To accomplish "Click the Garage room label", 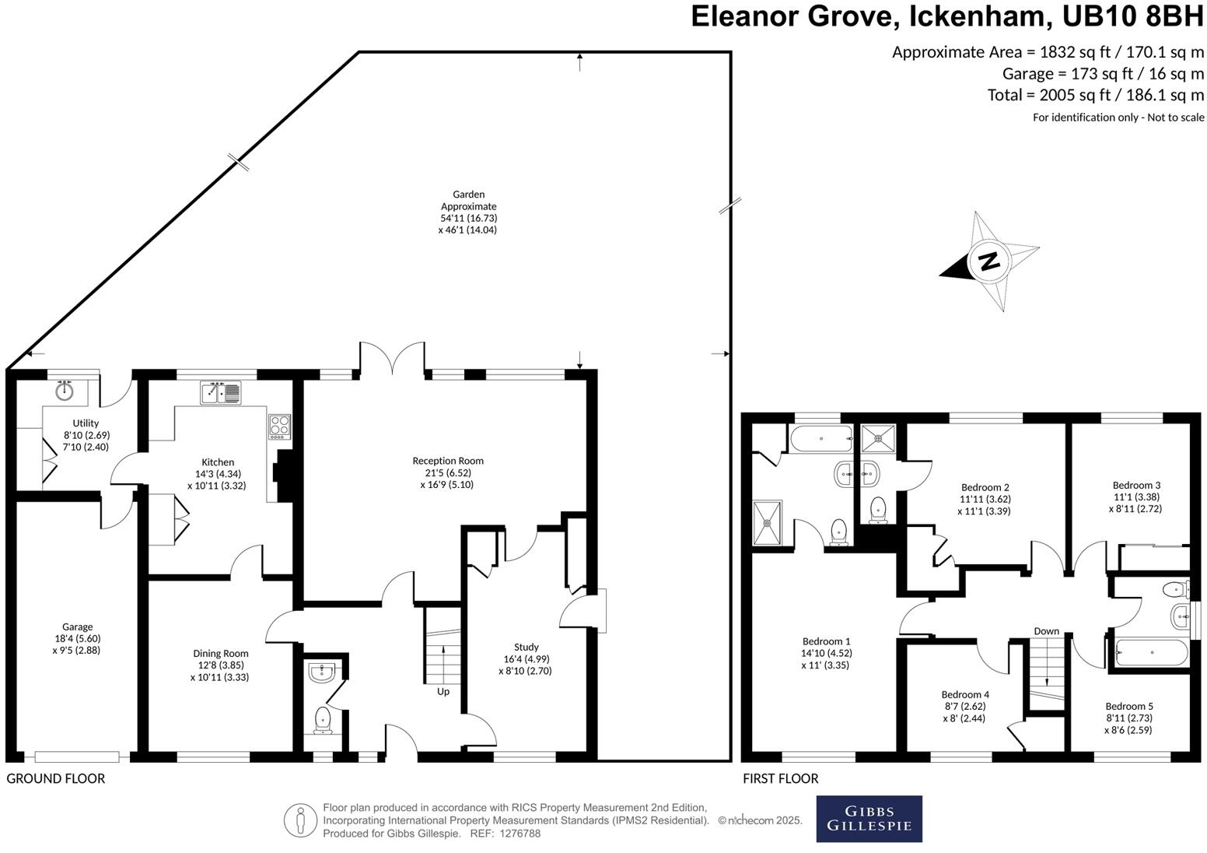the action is [x=77, y=638].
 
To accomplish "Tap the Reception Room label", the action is [x=448, y=472].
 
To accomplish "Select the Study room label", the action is [x=526, y=658].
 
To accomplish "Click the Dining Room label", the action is [x=220, y=665].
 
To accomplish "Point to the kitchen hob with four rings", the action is [x=279, y=426].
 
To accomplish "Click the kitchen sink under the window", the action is [x=222, y=393].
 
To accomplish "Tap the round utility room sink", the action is [x=65, y=391].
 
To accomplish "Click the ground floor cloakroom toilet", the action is [x=323, y=721].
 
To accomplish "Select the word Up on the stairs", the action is [x=443, y=691].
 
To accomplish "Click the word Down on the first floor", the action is [x=1046, y=630].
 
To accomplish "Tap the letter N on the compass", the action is [x=989, y=261].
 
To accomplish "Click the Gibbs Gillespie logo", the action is [x=869, y=818].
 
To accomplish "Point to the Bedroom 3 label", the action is [x=1135, y=497].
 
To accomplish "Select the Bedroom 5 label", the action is [x=1128, y=718].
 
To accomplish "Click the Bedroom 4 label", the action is [x=964, y=706].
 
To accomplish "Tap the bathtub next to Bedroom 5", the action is [x=1152, y=652].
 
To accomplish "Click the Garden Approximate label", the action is [x=468, y=212].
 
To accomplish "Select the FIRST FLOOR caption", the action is [x=780, y=778].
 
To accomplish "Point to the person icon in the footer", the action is [x=299, y=820].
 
